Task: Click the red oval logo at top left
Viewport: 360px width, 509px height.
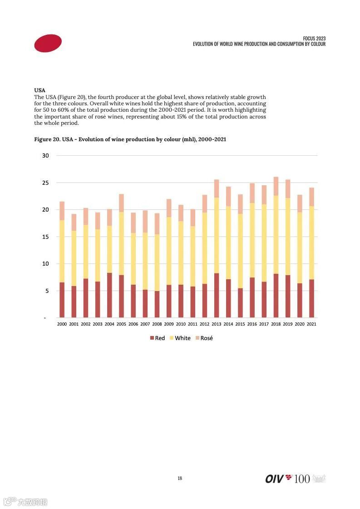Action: click(x=48, y=43)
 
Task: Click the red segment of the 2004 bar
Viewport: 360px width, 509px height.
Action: click(x=109, y=295)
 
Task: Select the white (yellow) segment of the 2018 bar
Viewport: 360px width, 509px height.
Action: click(x=276, y=234)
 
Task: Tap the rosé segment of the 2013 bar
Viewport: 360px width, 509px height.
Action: click(x=217, y=188)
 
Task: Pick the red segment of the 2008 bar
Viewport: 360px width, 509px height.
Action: click(x=157, y=304)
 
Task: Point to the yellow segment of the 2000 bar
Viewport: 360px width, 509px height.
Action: click(x=62, y=251)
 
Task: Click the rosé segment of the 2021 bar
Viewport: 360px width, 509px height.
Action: click(x=311, y=197)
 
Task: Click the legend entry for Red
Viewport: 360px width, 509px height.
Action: click(x=157, y=338)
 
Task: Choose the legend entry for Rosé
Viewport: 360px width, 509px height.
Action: click(x=204, y=338)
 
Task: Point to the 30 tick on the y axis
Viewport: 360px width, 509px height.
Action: click(x=45, y=156)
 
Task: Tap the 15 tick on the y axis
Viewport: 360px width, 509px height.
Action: click(x=45, y=237)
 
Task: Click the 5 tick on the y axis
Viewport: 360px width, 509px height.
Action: click(x=47, y=291)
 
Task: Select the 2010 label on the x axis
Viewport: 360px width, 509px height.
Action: click(x=181, y=324)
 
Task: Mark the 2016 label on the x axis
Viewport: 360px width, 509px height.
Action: click(x=252, y=324)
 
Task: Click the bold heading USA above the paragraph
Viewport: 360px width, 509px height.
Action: click(x=40, y=90)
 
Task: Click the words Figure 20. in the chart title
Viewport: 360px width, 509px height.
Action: click(x=47, y=139)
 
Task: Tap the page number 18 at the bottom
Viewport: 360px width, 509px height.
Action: click(x=180, y=478)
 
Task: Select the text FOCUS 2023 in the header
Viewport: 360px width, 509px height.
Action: click(x=314, y=39)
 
